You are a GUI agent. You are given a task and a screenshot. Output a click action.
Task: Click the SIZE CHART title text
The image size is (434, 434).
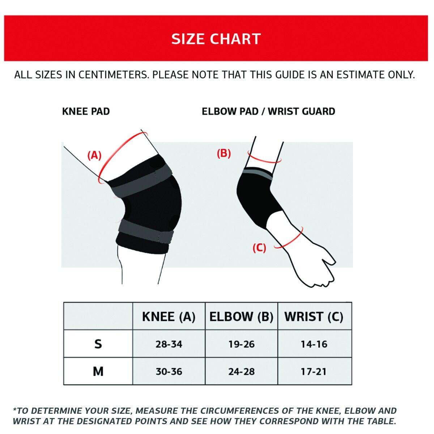pyautogui.click(x=216, y=39)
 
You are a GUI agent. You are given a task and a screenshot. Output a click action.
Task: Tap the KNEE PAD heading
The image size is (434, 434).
pyautogui.click(x=86, y=111)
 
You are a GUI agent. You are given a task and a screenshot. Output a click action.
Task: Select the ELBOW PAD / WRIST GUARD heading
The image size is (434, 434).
pyautogui.click(x=268, y=111)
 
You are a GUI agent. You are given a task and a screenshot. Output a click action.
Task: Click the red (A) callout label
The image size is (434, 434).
pyautogui.click(x=94, y=156)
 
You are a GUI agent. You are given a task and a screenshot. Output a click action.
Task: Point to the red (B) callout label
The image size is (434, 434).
pyautogui.click(x=224, y=153)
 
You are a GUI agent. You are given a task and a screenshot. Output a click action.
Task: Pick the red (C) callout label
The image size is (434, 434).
pyautogui.click(x=259, y=248)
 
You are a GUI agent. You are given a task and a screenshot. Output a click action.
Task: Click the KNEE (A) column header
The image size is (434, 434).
pyautogui.click(x=169, y=317)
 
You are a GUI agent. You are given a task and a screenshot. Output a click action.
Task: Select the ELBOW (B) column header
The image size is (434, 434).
pyautogui.click(x=241, y=317)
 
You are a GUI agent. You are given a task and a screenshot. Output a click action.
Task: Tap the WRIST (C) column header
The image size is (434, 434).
pyautogui.click(x=314, y=317)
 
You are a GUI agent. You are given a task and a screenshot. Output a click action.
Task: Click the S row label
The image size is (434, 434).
pyautogui.click(x=98, y=344)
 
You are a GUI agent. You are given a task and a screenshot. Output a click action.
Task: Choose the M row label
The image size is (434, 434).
pyautogui.click(x=98, y=371)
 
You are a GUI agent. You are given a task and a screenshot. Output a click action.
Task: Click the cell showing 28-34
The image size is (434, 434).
pyautogui.click(x=169, y=344)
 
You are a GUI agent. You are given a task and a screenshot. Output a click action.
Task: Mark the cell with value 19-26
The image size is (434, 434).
pyautogui.click(x=242, y=344)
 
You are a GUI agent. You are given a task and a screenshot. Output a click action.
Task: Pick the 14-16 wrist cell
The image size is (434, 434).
pyautogui.click(x=314, y=344)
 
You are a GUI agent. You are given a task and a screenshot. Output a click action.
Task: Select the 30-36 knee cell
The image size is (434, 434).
pyautogui.click(x=169, y=371)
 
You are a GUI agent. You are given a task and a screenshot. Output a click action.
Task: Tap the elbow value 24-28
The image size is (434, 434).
pyautogui.click(x=242, y=371)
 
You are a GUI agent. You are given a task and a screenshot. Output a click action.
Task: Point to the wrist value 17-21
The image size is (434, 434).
pyautogui.click(x=314, y=371)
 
